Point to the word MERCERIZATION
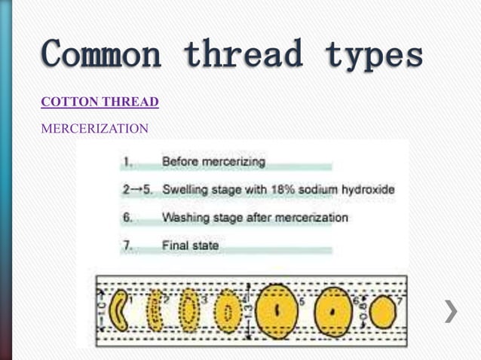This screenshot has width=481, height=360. (94, 129)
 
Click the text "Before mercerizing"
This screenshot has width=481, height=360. (213, 161)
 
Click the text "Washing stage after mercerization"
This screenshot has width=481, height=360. (255, 218)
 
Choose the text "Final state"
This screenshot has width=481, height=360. (191, 246)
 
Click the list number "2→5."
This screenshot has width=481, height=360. (138, 190)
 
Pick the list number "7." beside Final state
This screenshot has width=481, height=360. (127, 246)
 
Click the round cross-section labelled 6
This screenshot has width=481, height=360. (332, 311)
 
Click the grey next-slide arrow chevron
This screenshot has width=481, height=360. (450, 311)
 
